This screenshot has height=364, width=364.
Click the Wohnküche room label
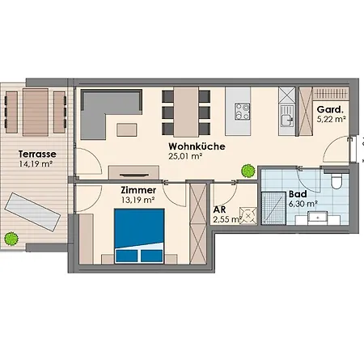point(197,146)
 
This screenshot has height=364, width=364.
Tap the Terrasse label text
point(37,154)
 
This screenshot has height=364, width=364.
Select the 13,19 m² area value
point(138,200)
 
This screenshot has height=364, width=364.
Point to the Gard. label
point(330,110)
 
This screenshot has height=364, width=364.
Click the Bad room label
point(298,194)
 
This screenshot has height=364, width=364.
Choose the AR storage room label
point(219,210)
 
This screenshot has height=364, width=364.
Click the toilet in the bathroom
point(336,180)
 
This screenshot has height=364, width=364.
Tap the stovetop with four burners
point(242,112)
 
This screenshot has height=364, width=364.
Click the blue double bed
point(139,235)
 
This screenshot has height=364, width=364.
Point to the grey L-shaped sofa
point(111,114)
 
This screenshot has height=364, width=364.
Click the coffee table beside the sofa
point(127,129)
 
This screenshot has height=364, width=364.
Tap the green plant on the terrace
point(11,239)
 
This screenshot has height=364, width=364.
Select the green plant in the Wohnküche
point(248,171)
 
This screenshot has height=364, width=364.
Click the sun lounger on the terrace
point(32,212)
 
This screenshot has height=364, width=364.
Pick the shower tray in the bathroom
point(273,208)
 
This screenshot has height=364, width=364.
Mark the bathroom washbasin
point(318,218)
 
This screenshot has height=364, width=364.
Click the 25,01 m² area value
point(185,156)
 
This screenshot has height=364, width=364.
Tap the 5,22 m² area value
point(332,119)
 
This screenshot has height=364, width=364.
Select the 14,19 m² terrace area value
point(36,164)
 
